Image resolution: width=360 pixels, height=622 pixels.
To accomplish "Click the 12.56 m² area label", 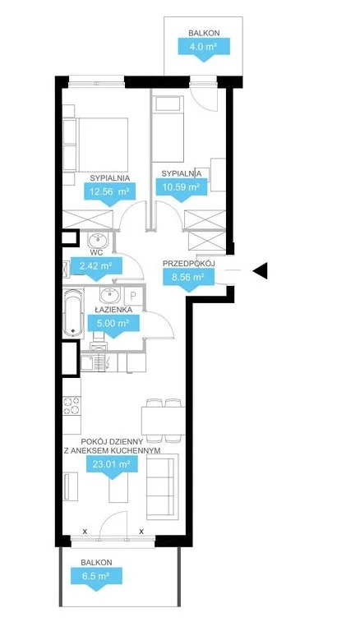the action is (x=110, y=193).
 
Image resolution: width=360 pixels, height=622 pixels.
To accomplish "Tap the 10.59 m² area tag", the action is (x=182, y=187).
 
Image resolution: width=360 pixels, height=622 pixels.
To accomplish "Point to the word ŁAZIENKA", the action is (x=114, y=310).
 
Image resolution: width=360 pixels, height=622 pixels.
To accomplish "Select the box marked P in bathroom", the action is (x=132, y=296).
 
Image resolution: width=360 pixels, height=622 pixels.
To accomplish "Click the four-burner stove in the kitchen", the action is (x=72, y=405).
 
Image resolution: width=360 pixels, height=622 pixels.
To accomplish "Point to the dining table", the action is (x=163, y=421).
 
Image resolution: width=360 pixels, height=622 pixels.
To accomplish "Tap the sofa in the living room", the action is (x=163, y=486).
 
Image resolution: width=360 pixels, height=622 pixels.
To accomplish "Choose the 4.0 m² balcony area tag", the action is (x=204, y=47).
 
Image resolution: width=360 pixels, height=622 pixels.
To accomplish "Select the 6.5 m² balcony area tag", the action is (x=96, y=576).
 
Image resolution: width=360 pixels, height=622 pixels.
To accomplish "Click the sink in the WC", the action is (x=98, y=241).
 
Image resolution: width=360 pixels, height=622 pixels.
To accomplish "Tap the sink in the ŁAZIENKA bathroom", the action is (x=110, y=295).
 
